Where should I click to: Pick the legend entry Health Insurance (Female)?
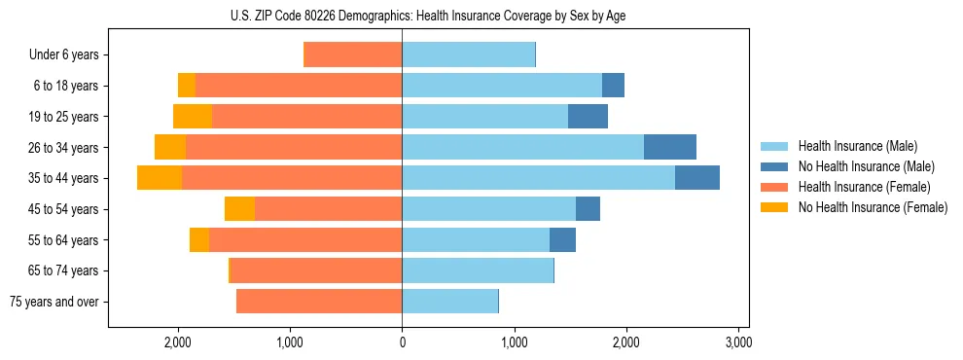pyautogui.click(x=857, y=187)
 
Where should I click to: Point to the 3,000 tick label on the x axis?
pyautogui.click(x=738, y=342)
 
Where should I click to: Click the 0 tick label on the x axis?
pyautogui.click(x=402, y=342)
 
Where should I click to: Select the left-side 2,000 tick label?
pyautogui.click(x=178, y=342)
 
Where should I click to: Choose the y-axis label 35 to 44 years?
pyautogui.click(x=64, y=178)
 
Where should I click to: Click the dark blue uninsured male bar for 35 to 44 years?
pyautogui.click(x=696, y=178)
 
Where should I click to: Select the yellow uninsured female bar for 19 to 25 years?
pyautogui.click(x=193, y=117)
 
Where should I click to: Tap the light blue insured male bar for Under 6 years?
pyautogui.click(x=468, y=55)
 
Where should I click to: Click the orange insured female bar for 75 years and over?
pyautogui.click(x=319, y=302)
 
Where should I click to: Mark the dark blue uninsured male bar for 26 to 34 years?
pyautogui.click(x=669, y=147)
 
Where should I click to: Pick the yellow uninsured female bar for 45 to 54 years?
pyautogui.click(x=239, y=209)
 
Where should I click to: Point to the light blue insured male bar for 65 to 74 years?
pyautogui.click(x=478, y=270)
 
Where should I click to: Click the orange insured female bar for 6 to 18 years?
pyautogui.click(x=299, y=86)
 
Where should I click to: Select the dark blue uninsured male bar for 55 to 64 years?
pyautogui.click(x=562, y=239)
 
